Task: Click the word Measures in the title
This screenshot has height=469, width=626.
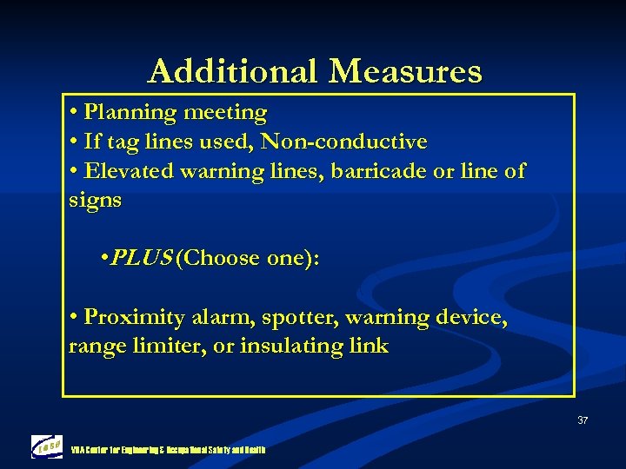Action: (405, 71)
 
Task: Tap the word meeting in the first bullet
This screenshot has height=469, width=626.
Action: (227, 113)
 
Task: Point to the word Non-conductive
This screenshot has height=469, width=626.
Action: (344, 141)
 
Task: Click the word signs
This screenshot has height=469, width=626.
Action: (95, 201)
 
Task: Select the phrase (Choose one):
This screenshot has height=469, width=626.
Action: (248, 258)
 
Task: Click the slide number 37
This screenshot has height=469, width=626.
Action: (582, 421)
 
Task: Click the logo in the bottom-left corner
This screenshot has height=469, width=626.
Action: (47, 446)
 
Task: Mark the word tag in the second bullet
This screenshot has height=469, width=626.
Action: (120, 142)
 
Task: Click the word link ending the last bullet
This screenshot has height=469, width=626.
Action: (370, 346)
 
